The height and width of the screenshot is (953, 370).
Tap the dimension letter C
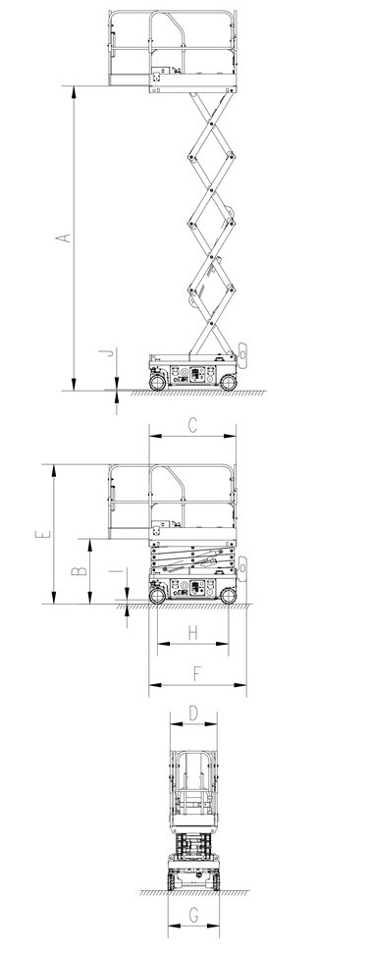click(x=192, y=426)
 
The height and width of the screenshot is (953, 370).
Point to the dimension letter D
click(x=193, y=713)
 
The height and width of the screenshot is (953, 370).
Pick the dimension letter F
click(x=196, y=674)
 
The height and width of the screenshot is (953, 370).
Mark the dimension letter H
click(x=192, y=633)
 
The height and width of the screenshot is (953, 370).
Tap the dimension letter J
click(x=109, y=352)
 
